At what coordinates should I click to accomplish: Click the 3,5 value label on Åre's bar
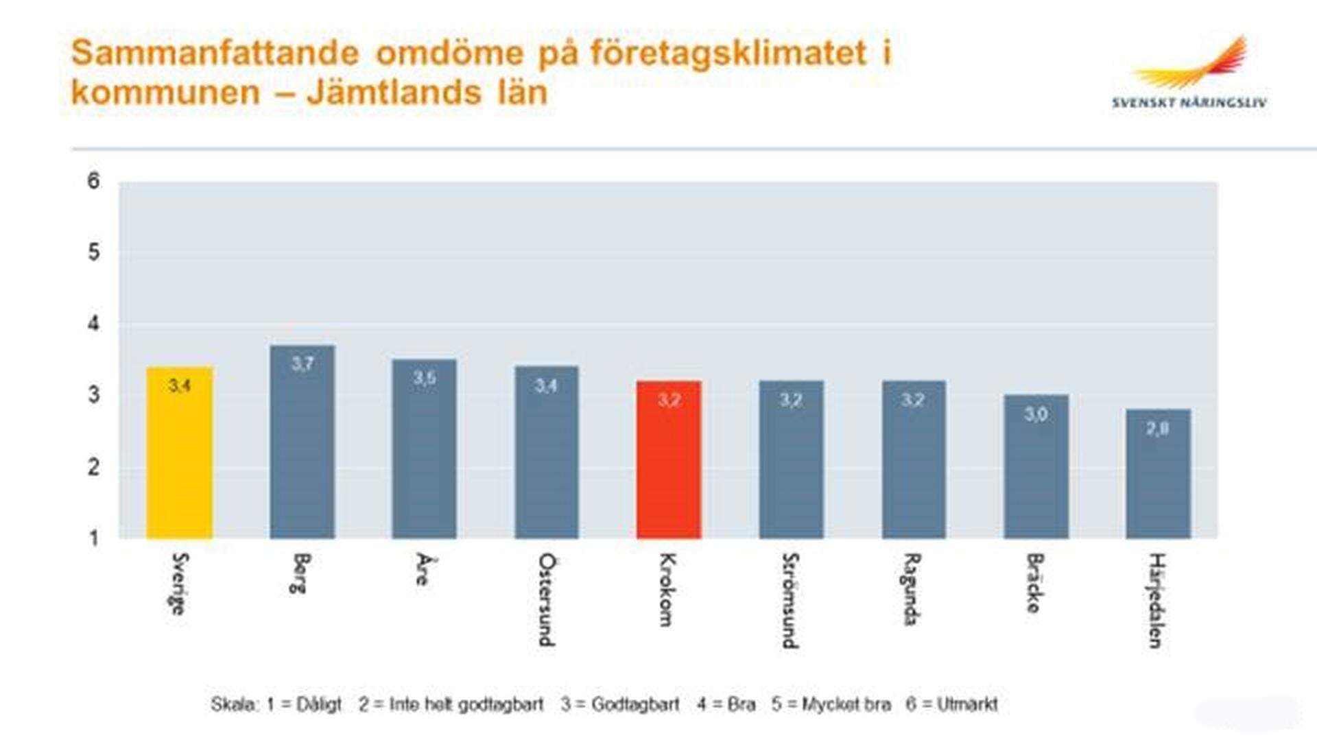coord(424,378)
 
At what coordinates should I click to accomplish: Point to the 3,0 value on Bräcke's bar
coord(1036,414)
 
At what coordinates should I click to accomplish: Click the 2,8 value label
coord(1157,429)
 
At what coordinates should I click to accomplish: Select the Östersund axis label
coord(546,599)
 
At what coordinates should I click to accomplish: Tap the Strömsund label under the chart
coord(790,600)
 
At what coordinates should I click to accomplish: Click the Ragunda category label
coord(912,589)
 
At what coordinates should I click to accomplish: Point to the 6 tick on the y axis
coord(94,181)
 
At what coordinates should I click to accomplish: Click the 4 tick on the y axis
coord(94,324)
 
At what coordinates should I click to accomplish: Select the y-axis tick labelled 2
coord(94,467)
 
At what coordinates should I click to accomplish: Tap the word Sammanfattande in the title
coord(215,53)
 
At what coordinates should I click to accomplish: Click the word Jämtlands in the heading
coord(394,93)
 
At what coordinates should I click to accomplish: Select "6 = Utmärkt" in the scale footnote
coord(951,704)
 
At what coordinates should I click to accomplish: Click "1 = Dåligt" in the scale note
coord(304,704)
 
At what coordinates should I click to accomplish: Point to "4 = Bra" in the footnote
coord(726,704)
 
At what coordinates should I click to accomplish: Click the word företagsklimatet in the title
coord(728,53)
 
